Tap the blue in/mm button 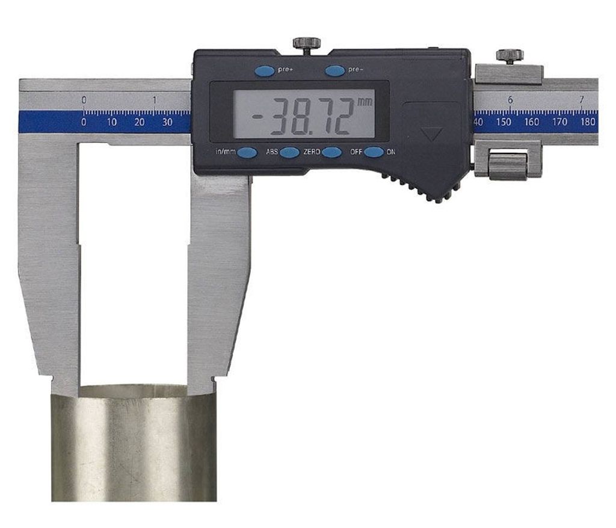pos(247,152)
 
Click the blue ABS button pos(290,152)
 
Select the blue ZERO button pos(331,152)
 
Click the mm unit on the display pos(364,102)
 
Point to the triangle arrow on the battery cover pos(431,134)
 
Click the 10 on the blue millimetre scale pos(111,122)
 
